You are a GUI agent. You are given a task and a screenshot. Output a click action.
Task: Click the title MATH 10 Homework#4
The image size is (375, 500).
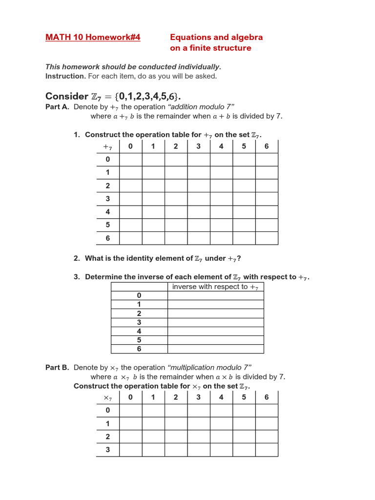coord(93,38)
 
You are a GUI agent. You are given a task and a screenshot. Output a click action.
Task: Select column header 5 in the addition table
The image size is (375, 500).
coord(244,146)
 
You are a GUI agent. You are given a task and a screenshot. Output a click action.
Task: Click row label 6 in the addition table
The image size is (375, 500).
coord(108,238)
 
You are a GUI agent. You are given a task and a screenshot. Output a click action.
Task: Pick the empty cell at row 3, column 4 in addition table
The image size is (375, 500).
coord(221,199)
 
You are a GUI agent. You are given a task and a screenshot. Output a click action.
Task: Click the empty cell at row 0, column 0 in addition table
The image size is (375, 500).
coord(130,160)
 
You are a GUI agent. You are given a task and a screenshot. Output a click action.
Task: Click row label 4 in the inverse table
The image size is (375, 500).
coord(139,331)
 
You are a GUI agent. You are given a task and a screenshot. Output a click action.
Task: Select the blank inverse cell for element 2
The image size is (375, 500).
coord(215,313)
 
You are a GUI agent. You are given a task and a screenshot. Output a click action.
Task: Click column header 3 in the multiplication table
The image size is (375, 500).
coord(198,397)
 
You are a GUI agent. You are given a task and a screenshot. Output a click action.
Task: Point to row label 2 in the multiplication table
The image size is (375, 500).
coord(108,437)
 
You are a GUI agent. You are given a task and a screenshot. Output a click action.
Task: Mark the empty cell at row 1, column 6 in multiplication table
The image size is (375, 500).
coord(267,423)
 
